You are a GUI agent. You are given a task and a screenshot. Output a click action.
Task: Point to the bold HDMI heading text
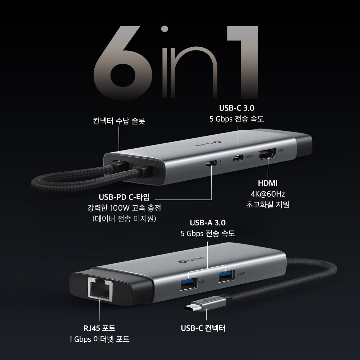pos(268,183)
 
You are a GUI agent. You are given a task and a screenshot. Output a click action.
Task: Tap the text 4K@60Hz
pos(268,194)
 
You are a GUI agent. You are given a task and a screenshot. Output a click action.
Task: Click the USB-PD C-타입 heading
pos(124,197)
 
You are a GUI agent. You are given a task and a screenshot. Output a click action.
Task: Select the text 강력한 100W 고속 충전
pos(124,208)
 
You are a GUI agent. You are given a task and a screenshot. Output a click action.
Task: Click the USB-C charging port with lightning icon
pos(211,164)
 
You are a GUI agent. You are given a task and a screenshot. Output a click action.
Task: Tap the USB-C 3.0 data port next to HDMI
pos(238,157)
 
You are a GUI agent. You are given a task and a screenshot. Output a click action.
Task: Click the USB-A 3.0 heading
pos(208,223)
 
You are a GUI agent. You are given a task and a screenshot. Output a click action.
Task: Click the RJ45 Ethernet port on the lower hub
pos(99,288)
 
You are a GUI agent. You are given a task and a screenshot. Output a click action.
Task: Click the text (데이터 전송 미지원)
pos(124,219)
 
